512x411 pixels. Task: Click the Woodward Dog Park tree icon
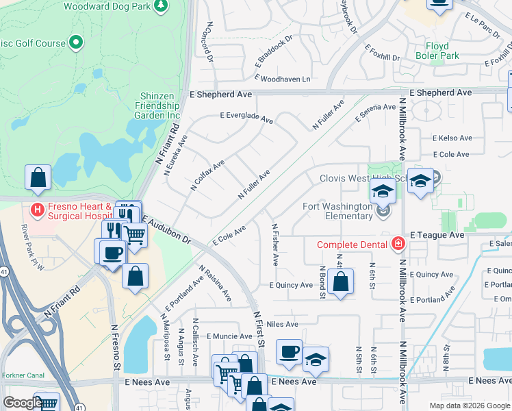pos(161,6)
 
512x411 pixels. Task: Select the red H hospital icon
pos(38,208)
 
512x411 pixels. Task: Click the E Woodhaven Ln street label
pos(283,79)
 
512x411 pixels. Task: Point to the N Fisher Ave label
pos(274,245)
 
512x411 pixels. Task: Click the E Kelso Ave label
pos(452,138)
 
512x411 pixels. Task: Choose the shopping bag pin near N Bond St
pos(340,282)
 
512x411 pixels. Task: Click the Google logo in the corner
pos(22,403)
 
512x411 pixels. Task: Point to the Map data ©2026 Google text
pos(469,406)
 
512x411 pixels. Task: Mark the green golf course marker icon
pos(75,42)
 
